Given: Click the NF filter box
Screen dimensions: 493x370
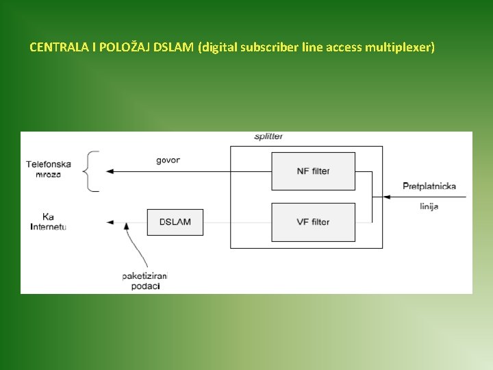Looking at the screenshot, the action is coord(313,171).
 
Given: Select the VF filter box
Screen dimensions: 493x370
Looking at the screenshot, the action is coord(313,222).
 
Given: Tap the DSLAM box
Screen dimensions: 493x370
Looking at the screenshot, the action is coord(175,222).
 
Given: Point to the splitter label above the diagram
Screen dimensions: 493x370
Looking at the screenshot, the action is coord(268,136).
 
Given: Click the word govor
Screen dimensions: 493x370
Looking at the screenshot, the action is coord(168,160).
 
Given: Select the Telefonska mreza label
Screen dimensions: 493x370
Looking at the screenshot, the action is coord(49,169).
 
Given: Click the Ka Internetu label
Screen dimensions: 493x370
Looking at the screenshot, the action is coord(48,221).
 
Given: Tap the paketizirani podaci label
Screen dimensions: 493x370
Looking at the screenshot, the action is coord(144,280).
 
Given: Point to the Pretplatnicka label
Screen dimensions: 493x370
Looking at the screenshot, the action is coord(429,186).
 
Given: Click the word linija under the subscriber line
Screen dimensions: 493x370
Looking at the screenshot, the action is coord(429,206).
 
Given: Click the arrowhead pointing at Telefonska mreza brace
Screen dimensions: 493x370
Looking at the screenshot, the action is coord(110,171).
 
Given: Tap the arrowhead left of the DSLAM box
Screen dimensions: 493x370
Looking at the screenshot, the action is coord(110,222).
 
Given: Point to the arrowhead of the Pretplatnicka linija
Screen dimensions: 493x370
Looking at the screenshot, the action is coord(387,197).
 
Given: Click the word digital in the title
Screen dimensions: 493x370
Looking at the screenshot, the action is coord(218,47).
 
